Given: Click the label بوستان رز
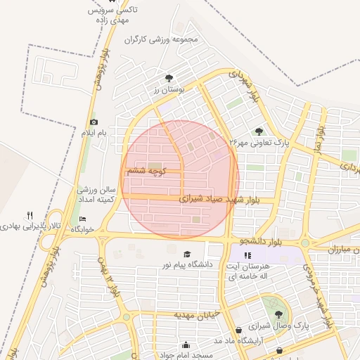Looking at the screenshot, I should click(x=168, y=90).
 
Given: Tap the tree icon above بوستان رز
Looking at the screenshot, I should click(x=168, y=78).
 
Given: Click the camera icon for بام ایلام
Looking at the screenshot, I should click(x=94, y=122).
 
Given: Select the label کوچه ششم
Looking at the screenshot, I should click(x=144, y=171).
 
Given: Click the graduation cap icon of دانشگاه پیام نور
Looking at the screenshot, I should click(x=187, y=254).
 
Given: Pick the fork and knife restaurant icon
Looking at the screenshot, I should click(x=30, y=215).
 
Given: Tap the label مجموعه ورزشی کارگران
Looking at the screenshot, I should click(x=163, y=39).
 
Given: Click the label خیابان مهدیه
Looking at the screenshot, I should click(x=197, y=314).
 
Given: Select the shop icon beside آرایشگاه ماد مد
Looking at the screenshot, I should click(x=239, y=329).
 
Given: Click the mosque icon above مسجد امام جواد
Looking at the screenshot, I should click(x=186, y=345).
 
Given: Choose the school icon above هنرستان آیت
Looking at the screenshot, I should click(x=247, y=255).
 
